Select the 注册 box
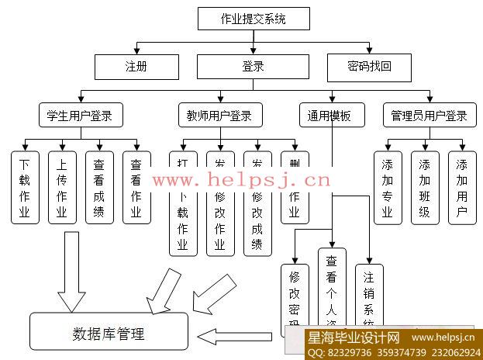pyautogui.click(x=136, y=67)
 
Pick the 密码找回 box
pyautogui.click(x=369, y=67)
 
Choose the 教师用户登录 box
pyautogui.click(x=219, y=116)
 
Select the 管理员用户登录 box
pyautogui.click(x=429, y=116)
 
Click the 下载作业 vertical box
pyautogui.click(x=25, y=187)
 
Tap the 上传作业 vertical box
pyautogui.click(x=62, y=187)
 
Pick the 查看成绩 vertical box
pyautogui.click(x=99, y=187)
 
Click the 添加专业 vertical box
pyautogui.click(x=388, y=187)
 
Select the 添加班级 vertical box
pyautogui.click(x=424, y=187)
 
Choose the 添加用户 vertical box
pyautogui.click(x=461, y=187)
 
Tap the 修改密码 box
pyautogui.click(x=295, y=295)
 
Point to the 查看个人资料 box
pyautogui.click(x=331, y=287)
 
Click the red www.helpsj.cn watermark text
pyautogui.click(x=241, y=181)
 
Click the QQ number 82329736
pyautogui.click(x=347, y=351)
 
